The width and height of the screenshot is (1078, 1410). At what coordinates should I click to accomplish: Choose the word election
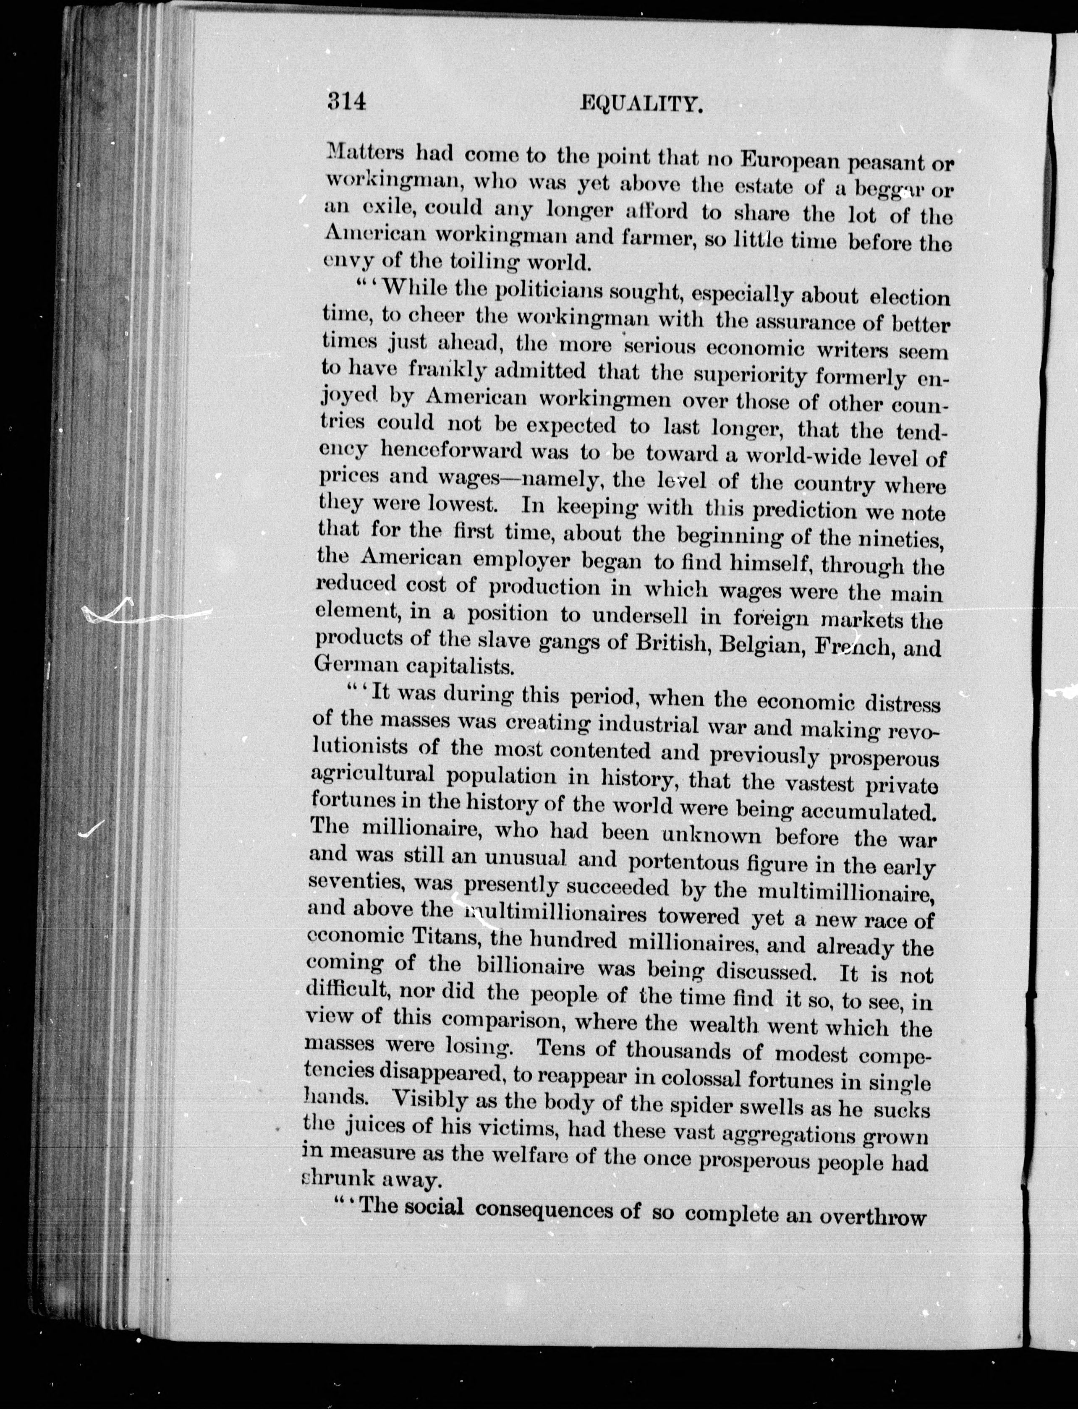909,297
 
